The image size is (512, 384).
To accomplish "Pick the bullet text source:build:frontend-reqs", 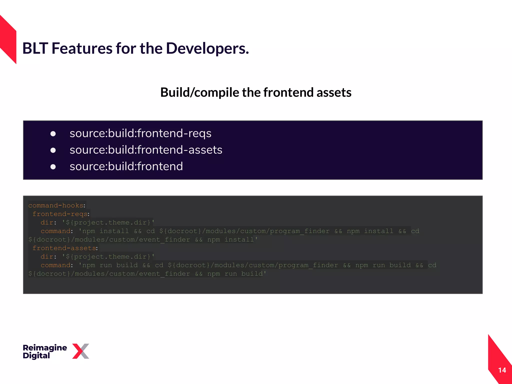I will click(140, 133).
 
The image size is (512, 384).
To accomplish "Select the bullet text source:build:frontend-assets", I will click(146, 150).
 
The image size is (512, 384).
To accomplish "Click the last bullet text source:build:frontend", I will click(126, 166).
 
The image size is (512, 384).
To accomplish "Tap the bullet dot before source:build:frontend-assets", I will click(53, 150).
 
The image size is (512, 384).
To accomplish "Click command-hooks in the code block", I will click(55, 205).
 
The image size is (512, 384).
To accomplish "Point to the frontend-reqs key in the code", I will click(60, 214).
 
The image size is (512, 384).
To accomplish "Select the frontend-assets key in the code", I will click(64, 248).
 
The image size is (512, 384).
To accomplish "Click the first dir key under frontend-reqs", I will click(47, 222).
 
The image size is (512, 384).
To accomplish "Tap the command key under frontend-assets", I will click(55, 265).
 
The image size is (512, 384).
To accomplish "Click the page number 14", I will click(502, 370).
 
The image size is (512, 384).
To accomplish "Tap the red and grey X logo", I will click(80, 351).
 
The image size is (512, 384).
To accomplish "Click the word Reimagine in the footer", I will click(45, 348).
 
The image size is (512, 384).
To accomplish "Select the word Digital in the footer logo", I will click(36, 356).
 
